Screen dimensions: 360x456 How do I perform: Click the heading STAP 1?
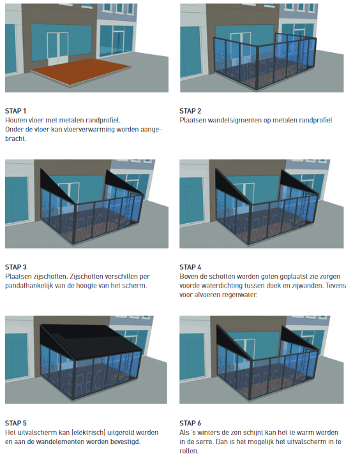(x=15, y=111)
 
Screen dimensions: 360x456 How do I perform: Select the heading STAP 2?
(x=190, y=111)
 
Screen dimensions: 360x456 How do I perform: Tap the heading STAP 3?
(x=16, y=267)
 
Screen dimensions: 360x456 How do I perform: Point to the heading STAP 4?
(x=190, y=267)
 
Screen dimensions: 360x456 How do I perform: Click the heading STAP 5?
(x=16, y=423)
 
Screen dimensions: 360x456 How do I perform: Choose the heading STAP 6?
(x=190, y=423)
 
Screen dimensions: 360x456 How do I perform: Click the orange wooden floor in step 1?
(x=81, y=71)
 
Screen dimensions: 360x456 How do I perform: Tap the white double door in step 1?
(x=58, y=48)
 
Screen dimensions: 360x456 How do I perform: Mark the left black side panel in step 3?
(x=56, y=186)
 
